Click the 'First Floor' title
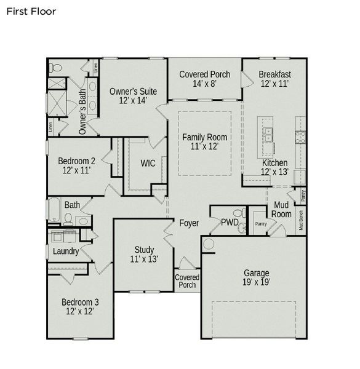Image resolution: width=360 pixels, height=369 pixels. pos(31,11)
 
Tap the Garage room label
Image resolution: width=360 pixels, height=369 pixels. pos(257,277)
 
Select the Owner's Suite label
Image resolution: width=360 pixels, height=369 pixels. pos(133,96)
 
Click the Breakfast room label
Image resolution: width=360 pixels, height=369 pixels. pos(274,79)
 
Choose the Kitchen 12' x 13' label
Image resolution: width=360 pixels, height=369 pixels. pos(274,167)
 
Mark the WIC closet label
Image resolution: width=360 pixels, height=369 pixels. pos(148,164)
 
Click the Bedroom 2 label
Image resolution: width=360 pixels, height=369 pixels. pos(77,165)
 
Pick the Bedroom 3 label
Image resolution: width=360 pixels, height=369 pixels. pos(80,306)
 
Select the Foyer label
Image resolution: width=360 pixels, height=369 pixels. pos(189,223)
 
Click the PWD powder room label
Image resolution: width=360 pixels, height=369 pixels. pos(230,222)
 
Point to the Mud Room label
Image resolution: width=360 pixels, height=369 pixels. pos(282,209)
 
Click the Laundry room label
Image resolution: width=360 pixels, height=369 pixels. pos(65,252)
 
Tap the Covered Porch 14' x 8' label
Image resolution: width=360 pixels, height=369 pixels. pos(204,79)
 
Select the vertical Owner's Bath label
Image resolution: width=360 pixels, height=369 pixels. pos(82,112)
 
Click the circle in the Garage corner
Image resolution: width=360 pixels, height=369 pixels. pos(209,245)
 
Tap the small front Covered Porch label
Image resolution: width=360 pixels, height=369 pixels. pos(187,281)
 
